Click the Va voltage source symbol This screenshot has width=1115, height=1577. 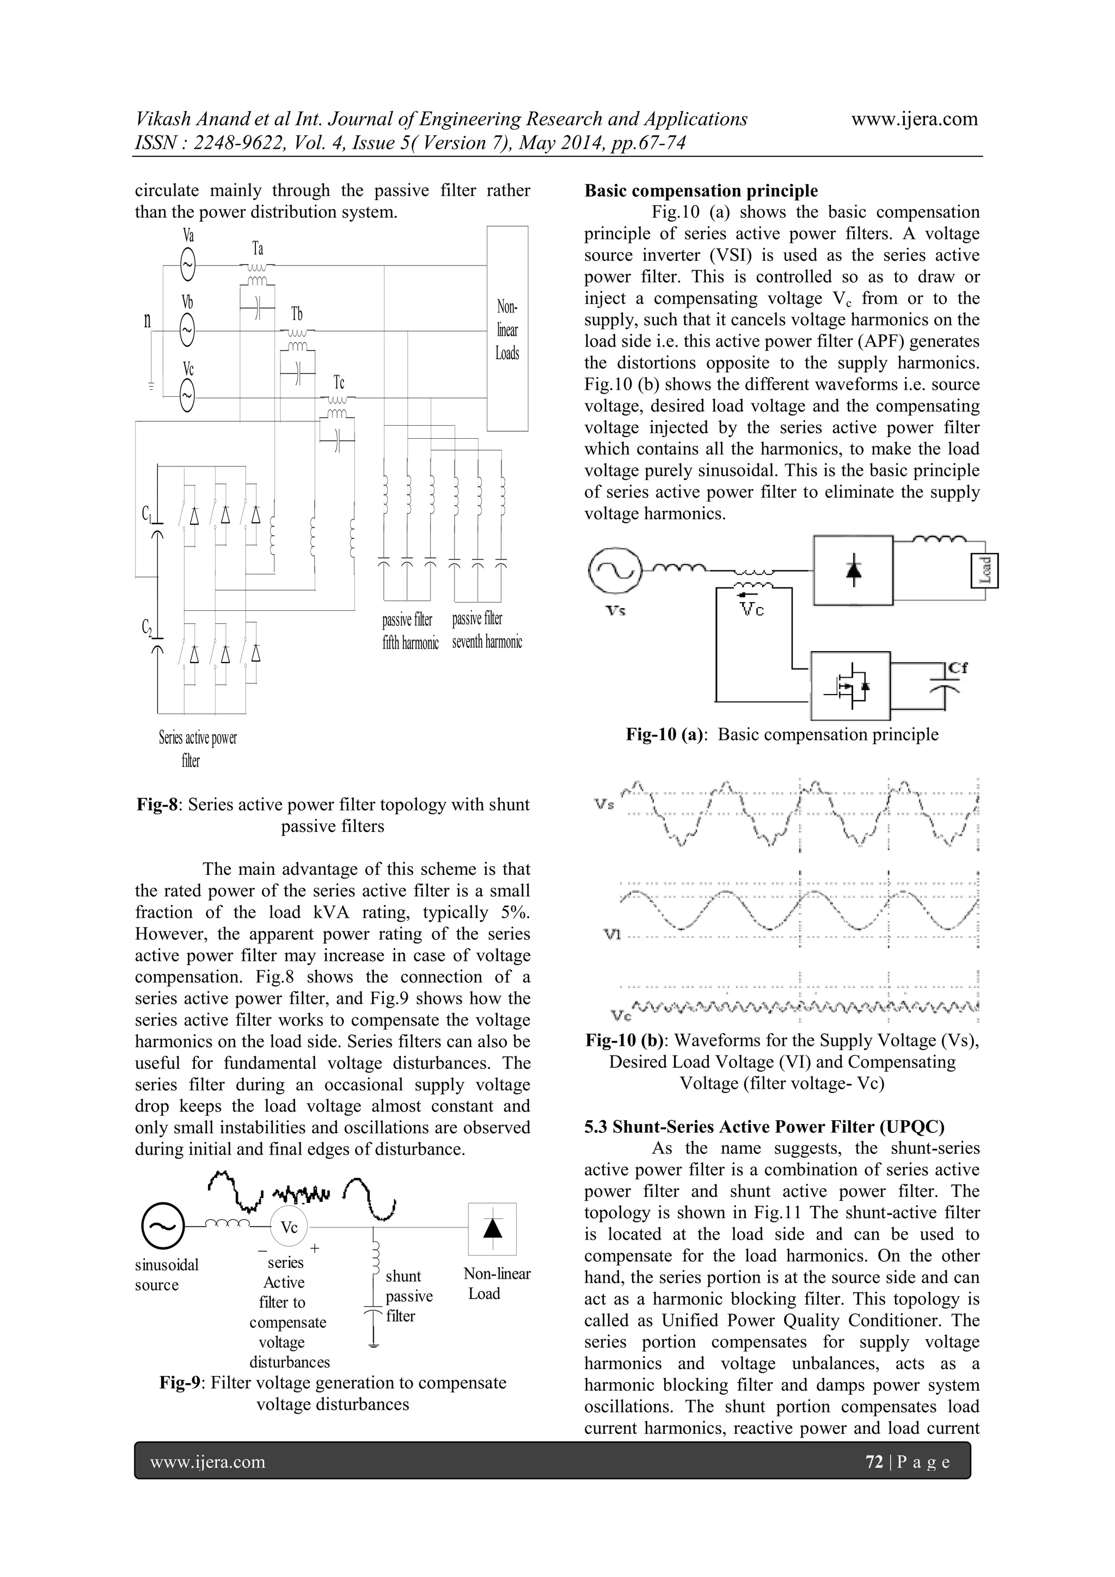(x=187, y=264)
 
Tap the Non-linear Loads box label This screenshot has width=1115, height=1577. (x=507, y=330)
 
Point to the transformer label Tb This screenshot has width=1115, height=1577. (x=297, y=315)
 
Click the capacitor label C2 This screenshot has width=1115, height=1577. (x=147, y=627)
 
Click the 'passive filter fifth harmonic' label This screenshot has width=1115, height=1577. (x=410, y=630)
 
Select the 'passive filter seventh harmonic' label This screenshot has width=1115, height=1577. (x=486, y=630)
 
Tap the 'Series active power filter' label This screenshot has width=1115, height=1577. (x=197, y=748)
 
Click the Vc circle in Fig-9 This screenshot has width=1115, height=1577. (x=289, y=1228)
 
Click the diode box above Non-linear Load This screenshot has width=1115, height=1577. (x=492, y=1229)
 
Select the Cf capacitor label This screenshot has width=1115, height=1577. (x=957, y=667)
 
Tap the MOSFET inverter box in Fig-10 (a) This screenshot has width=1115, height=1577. (x=850, y=685)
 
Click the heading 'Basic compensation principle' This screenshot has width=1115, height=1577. (x=701, y=191)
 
